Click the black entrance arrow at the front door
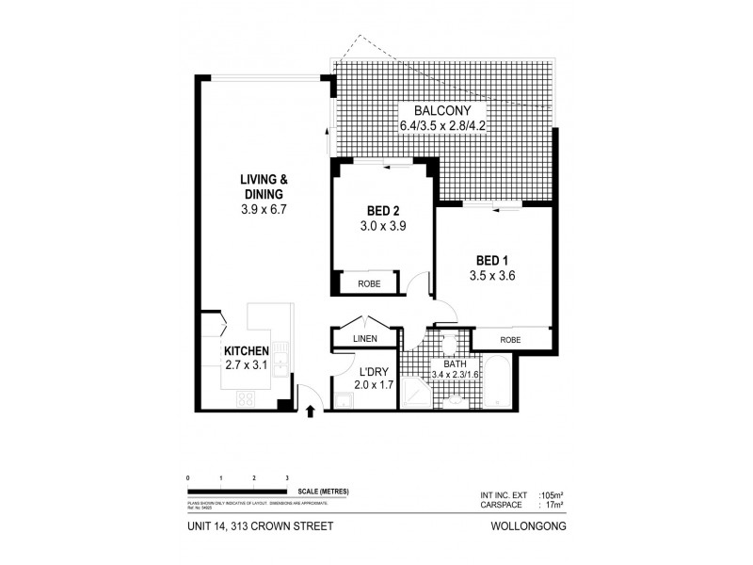click(312, 410)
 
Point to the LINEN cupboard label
click(365, 338)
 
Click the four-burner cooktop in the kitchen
click(247, 397)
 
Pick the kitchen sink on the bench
click(279, 363)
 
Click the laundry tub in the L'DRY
click(343, 401)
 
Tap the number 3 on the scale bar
click(287, 479)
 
